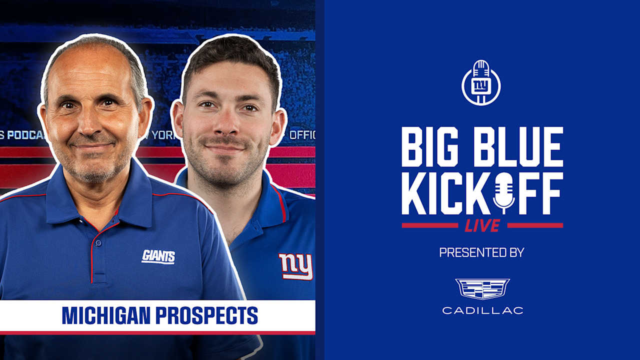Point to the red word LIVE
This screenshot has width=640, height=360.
click(x=482, y=225)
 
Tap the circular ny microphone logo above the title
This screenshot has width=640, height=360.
click(x=481, y=83)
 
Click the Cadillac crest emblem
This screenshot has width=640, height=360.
click(x=482, y=289)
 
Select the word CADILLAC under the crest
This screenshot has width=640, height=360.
click(x=482, y=310)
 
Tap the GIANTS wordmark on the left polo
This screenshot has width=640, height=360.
click(x=158, y=256)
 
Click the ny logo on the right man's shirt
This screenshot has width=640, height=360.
click(x=295, y=266)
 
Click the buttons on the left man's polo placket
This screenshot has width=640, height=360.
click(x=97, y=250)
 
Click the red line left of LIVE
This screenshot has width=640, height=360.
click(x=429, y=225)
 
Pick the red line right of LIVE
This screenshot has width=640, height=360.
click(x=535, y=225)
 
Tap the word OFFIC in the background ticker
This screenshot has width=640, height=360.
click(x=302, y=135)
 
